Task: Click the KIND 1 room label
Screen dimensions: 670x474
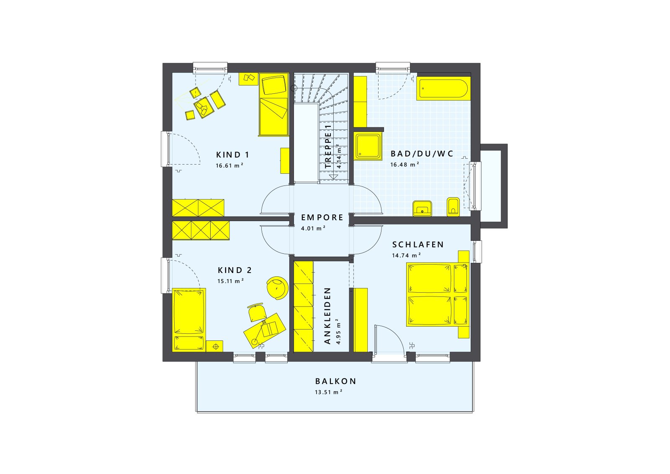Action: [x=232, y=155]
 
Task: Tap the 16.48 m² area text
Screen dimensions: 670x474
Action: [x=405, y=165]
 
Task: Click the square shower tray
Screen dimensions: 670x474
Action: [x=368, y=146]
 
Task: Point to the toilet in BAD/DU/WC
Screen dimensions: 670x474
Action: [x=453, y=207]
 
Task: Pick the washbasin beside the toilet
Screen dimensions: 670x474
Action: [x=422, y=208]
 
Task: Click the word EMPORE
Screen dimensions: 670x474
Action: [x=322, y=217]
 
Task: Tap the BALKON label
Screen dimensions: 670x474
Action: [x=335, y=381]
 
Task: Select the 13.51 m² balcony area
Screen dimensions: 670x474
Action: [x=328, y=392]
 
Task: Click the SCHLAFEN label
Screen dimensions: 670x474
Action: [x=418, y=245]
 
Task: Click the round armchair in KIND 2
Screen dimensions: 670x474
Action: [x=278, y=288]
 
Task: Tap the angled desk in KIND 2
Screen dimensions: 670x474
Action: [x=265, y=330]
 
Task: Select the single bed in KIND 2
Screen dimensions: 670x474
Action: [x=189, y=319]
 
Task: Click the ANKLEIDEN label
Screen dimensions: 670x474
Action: [x=327, y=316]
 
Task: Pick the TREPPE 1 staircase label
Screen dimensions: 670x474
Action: [x=328, y=147]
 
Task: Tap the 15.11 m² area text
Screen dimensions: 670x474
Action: [x=230, y=281]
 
